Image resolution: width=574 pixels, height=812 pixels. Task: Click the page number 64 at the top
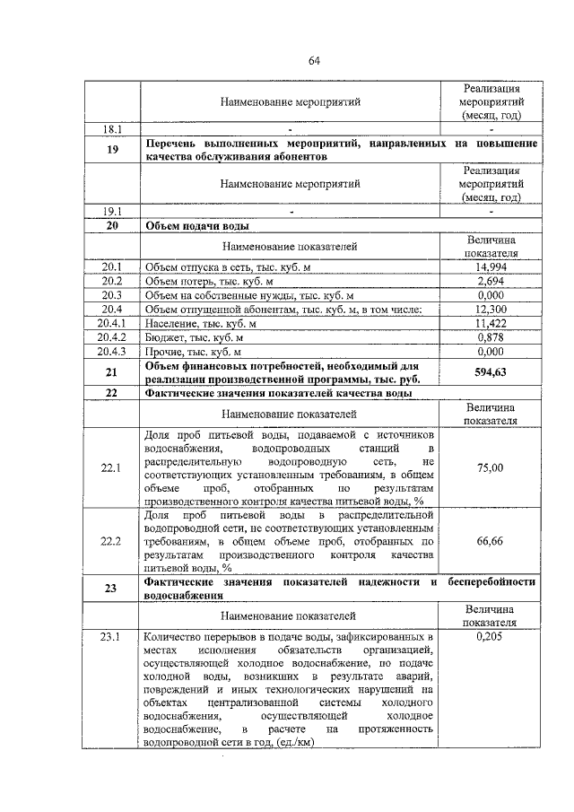tap(314, 60)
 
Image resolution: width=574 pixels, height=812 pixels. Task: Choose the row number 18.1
tap(113, 129)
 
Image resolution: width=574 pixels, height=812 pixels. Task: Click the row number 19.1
tap(113, 211)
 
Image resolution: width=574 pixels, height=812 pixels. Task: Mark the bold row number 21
tap(113, 372)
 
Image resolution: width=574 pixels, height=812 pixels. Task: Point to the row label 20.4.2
tap(113, 337)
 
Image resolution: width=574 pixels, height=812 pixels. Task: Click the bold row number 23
tap(113, 589)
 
